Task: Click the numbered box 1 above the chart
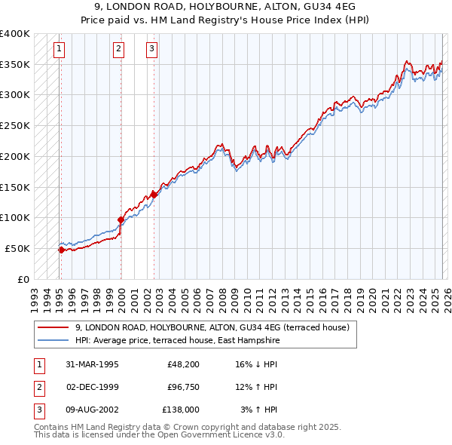[x=59, y=50]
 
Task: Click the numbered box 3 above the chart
[x=151, y=50]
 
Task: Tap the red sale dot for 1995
[x=61, y=250]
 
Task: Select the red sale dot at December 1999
[x=121, y=220]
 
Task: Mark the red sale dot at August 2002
[x=154, y=195]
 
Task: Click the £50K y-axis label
[x=17, y=248]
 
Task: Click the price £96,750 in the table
[x=181, y=387]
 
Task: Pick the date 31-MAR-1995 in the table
[x=92, y=364]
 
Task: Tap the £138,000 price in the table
[x=181, y=410]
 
